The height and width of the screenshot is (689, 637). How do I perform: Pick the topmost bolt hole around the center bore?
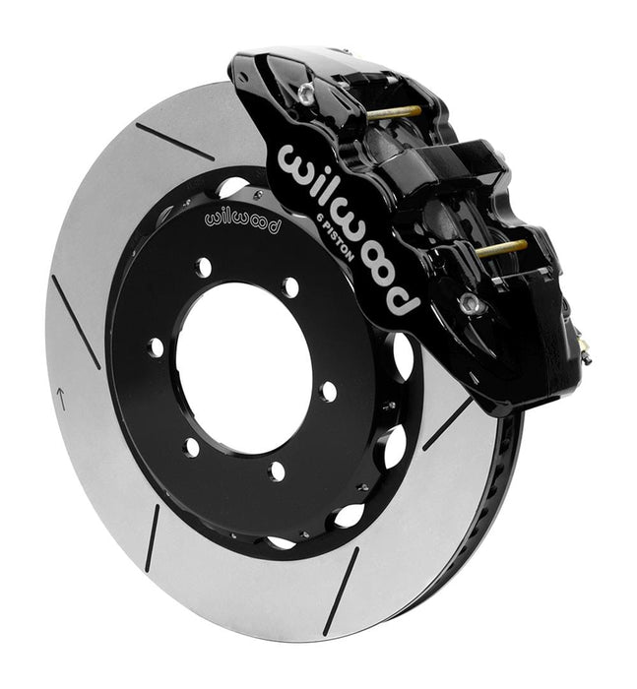point(205,265)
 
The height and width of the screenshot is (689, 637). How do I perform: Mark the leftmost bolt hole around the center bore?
point(156,345)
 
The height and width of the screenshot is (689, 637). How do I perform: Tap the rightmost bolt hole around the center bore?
point(329,390)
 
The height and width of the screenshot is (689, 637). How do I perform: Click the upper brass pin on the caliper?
point(394,111)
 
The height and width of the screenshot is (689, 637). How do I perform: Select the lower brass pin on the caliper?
point(500,248)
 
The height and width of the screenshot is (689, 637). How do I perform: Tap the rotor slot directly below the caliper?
point(447,424)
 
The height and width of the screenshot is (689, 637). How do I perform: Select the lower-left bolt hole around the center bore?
point(192,446)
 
